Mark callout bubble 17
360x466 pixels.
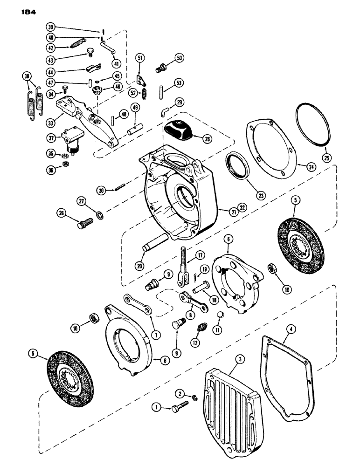199,255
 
